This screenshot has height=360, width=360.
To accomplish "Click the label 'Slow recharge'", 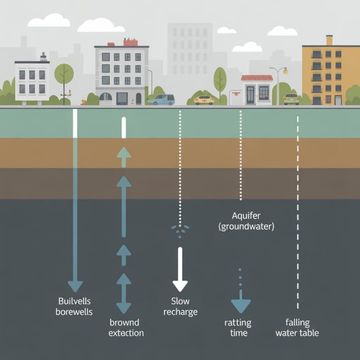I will tap(181, 306).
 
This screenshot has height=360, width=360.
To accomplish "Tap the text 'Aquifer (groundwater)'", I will tap(246, 221).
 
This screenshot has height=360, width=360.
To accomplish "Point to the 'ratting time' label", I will tap(238, 327).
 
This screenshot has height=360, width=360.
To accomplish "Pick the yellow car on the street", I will tap(204, 100).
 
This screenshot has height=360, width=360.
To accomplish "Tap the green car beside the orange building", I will tap(291, 99).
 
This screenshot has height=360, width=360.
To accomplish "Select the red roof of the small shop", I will tap(257, 78).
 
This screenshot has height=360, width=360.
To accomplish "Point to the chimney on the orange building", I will tap(329, 40).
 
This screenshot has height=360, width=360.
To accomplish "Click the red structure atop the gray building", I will tap(131, 42).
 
